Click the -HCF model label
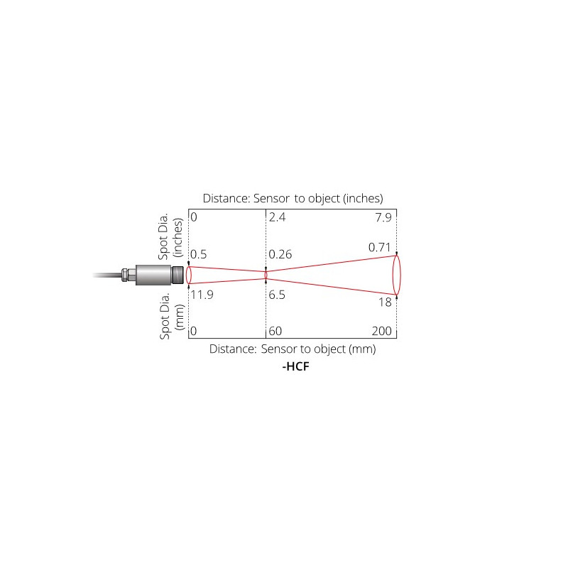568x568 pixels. [293, 368]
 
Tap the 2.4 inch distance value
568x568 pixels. [278, 218]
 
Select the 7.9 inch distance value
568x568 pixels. [383, 218]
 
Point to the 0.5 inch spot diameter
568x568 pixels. [199, 255]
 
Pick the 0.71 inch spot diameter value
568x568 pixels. [380, 247]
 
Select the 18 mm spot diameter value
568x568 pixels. [384, 302]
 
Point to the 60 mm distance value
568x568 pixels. [276, 331]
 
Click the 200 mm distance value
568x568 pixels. [381, 331]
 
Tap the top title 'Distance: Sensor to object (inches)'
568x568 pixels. [293, 198]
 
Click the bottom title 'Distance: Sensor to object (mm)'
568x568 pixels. [292, 349]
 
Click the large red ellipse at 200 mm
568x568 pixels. [397, 275]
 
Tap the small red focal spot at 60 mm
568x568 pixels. [266, 274]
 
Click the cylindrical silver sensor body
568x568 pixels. [149, 274]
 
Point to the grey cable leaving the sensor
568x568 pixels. [106, 274]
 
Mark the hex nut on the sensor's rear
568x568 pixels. [126, 274]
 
